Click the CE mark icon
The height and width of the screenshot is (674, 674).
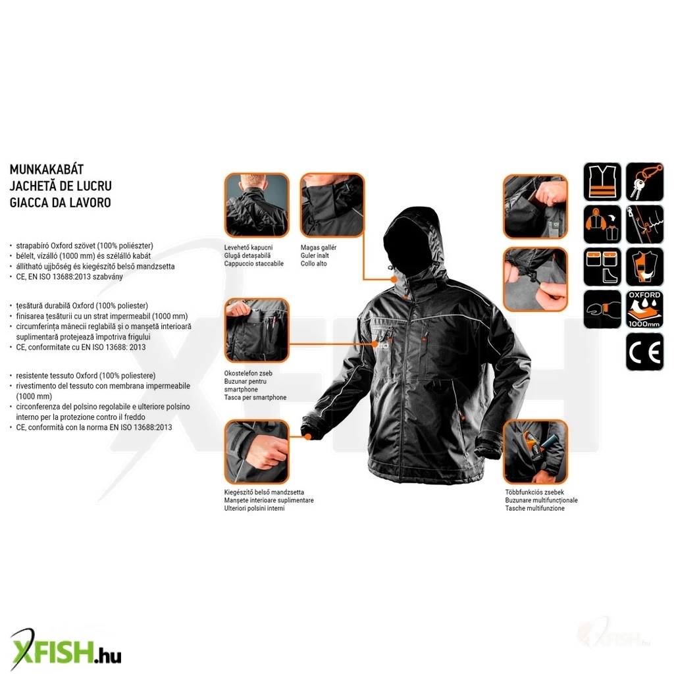[644, 351]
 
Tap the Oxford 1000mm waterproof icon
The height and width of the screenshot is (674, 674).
[644, 309]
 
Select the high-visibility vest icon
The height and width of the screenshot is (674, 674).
[602, 182]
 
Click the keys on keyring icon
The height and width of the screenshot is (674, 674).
[644, 182]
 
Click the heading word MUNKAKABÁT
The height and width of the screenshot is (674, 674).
[47, 169]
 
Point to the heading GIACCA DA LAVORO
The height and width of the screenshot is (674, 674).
[60, 203]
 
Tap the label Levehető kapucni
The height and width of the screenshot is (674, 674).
[248, 247]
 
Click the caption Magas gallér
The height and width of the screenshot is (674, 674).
[318, 247]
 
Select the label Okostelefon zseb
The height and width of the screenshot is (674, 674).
[248, 373]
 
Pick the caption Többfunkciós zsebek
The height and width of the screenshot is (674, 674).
[534, 492]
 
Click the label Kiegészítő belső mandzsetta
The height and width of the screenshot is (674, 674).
[264, 492]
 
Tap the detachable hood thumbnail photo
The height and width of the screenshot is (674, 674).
[257, 205]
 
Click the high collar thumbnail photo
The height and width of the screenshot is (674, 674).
[332, 205]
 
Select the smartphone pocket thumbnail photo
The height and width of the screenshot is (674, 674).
[257, 330]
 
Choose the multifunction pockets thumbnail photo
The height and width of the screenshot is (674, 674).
[535, 452]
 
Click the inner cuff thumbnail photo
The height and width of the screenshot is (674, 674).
[257, 452]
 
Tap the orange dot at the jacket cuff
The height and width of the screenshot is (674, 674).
[308, 437]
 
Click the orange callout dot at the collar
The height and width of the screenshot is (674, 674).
[394, 279]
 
